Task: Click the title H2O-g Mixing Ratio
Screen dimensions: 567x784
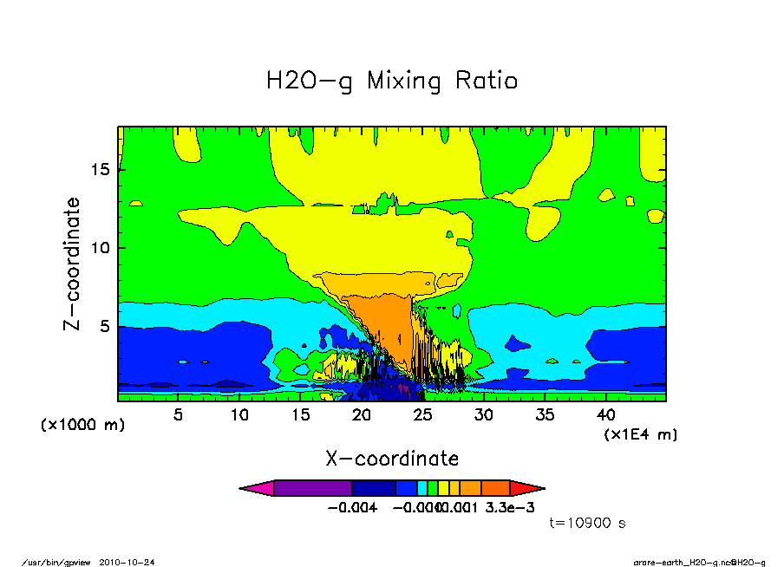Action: coord(391,81)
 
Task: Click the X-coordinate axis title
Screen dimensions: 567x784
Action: coord(392,458)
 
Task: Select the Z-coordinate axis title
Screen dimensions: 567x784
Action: coord(73,264)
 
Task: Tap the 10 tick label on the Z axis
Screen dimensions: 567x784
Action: coord(100,248)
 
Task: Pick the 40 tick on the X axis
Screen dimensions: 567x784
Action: coord(606,414)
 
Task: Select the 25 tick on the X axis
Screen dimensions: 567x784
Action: coord(422,414)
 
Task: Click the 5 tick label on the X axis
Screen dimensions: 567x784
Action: coord(178,414)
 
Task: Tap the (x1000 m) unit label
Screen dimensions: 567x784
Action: coord(83,425)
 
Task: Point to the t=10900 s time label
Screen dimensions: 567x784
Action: coord(588,523)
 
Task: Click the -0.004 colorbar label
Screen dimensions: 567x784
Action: coord(351,507)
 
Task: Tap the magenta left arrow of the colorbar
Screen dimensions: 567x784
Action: coord(257,488)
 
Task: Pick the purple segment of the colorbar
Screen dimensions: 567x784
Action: coord(312,488)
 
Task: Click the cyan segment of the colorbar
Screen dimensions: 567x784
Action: coord(422,488)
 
